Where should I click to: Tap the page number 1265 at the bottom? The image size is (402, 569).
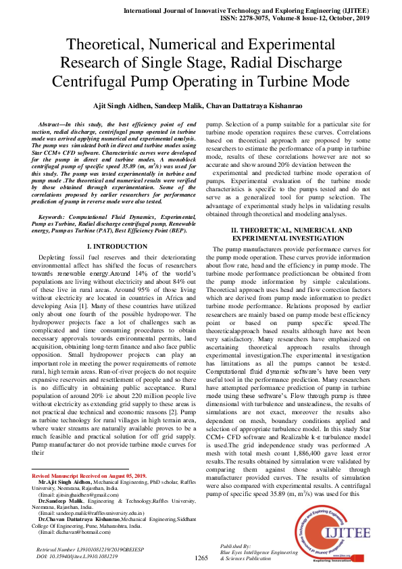pos(201,558)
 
